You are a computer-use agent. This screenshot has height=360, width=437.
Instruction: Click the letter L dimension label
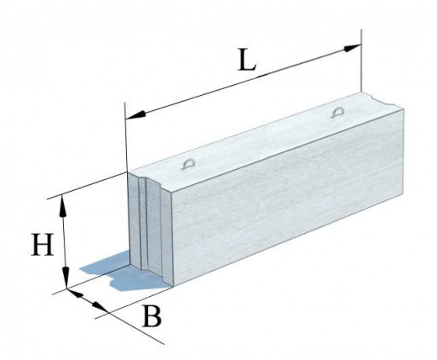[x=247, y=60]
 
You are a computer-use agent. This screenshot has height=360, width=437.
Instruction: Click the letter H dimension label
[x=42, y=244]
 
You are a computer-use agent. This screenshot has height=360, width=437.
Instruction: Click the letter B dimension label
[x=152, y=316]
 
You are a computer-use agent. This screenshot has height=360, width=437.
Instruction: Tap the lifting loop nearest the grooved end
[x=187, y=164]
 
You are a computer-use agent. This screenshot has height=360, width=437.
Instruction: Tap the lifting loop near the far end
[x=337, y=113]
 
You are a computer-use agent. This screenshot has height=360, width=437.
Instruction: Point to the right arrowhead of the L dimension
[x=352, y=48]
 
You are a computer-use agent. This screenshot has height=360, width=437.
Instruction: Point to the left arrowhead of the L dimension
[x=135, y=115]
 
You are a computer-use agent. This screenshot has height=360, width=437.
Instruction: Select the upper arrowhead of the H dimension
[x=63, y=207]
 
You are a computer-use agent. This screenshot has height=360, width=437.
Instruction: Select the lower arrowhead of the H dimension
[x=66, y=277]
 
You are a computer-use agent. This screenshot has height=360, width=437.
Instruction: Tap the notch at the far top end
[x=381, y=100]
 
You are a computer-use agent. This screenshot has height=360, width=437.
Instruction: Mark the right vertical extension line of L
[x=361, y=61]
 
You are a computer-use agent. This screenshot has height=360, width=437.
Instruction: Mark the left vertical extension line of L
[x=126, y=137]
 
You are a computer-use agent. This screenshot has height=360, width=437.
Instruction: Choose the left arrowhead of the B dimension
[x=76, y=293]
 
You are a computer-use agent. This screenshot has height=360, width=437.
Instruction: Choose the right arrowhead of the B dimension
[x=100, y=307]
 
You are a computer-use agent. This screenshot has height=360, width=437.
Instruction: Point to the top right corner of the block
[x=403, y=109]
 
